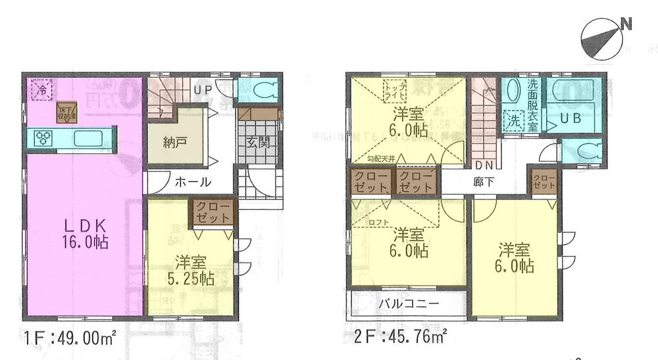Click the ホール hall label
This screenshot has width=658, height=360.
click(193, 182)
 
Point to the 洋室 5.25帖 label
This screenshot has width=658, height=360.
click(189, 269)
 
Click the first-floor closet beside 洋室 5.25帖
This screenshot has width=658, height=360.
click(212, 213)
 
